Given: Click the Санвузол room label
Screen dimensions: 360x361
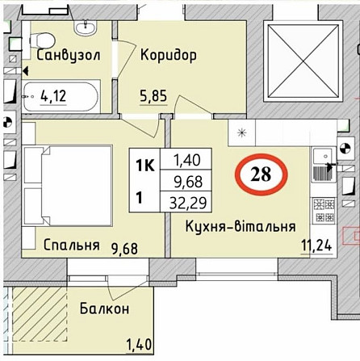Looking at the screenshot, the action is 69,56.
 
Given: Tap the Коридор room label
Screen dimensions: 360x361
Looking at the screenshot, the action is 169,56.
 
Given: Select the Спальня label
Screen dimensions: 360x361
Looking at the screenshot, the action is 72,245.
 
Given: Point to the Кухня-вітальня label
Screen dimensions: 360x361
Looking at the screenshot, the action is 241,227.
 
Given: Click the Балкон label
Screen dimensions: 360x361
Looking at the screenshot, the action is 104,309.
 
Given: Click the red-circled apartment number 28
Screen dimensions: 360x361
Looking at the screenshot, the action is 262,174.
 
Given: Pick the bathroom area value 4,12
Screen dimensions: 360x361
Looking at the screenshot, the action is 53,96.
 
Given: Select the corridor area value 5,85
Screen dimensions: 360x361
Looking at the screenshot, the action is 153,96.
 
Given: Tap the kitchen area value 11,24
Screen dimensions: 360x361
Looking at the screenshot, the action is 316,246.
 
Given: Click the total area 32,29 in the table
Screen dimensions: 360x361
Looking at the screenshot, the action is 188,203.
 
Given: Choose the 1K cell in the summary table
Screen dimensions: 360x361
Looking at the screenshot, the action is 145,166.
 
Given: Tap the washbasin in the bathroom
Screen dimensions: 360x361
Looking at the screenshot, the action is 85,27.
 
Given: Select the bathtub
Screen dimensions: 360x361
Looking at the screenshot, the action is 61,97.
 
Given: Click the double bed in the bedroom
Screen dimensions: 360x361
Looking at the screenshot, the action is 68,186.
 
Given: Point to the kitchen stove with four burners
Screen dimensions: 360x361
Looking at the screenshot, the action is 324,211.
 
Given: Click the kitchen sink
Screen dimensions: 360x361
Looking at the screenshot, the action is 324,165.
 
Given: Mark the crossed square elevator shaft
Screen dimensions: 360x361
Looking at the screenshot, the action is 303,61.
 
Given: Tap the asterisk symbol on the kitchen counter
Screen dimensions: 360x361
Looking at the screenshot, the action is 241,132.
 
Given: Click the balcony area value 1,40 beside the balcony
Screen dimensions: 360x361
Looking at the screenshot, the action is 139,345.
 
